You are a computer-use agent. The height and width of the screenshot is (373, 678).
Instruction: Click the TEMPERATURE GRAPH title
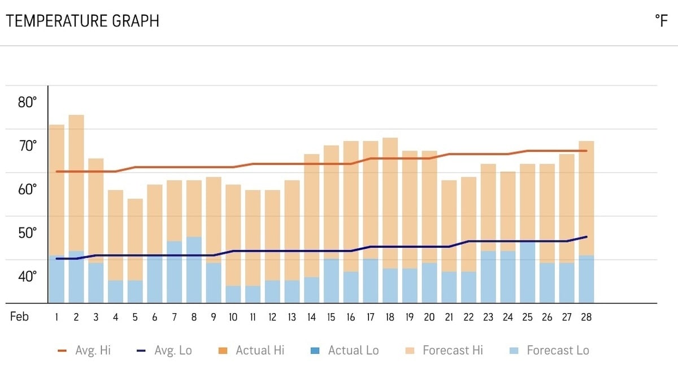pos(82,21)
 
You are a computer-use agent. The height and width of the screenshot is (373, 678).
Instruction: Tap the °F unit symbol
pos(661,21)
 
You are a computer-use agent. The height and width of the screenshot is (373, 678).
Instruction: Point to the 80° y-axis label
pos(27,103)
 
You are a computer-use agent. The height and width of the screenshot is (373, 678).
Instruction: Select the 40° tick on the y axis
pos(27,277)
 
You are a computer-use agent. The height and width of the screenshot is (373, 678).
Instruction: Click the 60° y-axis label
pos(27,190)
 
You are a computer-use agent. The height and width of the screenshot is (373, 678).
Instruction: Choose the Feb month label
pos(19,317)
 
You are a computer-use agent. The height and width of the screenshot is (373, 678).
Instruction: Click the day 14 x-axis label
pos(311,318)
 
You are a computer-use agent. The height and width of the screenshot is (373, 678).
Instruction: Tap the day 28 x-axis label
pos(586,318)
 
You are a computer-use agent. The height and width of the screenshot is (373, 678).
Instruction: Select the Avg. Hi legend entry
pos(84,350)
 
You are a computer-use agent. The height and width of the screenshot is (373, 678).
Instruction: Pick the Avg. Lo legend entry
pos(164,350)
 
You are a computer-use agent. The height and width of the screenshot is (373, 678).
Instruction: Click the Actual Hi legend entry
pos(251,350)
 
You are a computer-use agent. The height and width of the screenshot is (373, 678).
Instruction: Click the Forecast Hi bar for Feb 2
pos(76,181)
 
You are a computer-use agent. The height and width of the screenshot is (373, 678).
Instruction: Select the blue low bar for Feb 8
pos(194,270)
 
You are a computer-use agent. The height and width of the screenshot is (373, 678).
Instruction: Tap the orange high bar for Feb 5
pos(135,239)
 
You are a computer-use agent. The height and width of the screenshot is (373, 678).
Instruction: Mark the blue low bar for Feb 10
pos(233,294)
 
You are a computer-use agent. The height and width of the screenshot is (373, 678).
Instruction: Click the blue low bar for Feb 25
pos(527,272)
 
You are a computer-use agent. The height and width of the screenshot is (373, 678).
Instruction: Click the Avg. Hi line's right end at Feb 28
pos(586,151)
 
